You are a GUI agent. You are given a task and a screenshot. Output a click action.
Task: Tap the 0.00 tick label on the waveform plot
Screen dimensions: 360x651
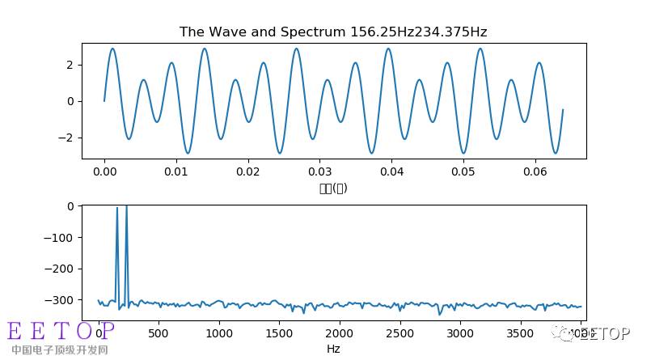pos(104,172)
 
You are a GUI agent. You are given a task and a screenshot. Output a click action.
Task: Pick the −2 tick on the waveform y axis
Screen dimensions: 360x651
pos(70,138)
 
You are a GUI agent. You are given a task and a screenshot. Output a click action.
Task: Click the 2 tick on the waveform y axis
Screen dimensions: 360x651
pos(73,65)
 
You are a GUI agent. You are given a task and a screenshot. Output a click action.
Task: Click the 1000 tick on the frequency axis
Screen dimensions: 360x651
pos(219,332)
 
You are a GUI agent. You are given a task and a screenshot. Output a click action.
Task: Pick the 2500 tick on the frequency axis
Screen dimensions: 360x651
pos(399,332)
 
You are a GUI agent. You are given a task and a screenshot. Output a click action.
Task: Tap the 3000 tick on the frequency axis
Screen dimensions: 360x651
pos(460,332)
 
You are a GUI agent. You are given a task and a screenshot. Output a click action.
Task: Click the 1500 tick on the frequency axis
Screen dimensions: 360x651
pos(279,332)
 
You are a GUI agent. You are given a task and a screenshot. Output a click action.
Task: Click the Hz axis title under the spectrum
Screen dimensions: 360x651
pos(333,349)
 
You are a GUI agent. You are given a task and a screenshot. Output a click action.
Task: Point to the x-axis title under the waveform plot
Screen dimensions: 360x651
pos(333,188)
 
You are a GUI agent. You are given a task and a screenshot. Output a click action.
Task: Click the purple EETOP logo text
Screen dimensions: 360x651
pos(61,331)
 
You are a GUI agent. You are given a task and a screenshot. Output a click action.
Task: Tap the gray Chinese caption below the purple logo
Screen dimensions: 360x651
pos(59,350)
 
